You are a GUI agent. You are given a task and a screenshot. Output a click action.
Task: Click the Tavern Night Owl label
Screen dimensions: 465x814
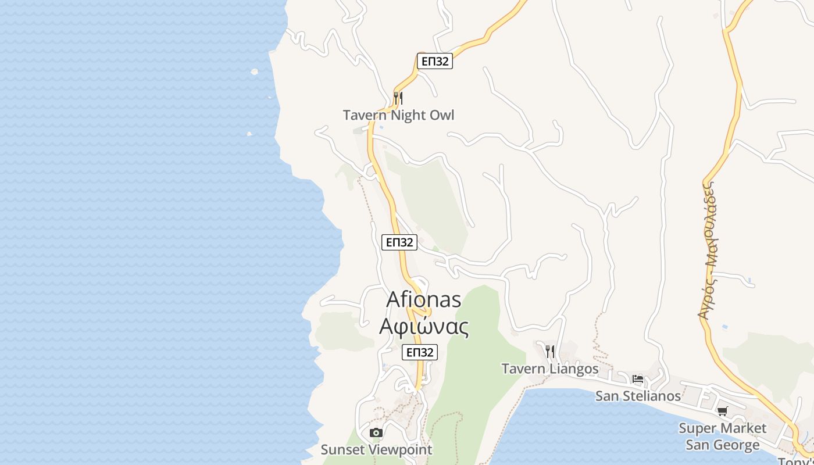[x=398, y=115]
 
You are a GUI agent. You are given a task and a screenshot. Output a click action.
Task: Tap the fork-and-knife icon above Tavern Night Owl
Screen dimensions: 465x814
[x=398, y=98]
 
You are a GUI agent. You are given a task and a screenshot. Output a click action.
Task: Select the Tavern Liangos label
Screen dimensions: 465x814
[x=549, y=369]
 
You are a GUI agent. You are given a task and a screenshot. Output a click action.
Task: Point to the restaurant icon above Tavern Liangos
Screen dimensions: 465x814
[x=550, y=351]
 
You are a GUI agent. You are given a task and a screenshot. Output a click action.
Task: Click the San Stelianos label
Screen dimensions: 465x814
[x=638, y=396]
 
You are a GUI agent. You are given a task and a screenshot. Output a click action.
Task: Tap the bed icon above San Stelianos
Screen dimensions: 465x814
[x=638, y=380]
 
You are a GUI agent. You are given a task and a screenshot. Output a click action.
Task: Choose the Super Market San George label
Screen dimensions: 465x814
[x=722, y=437]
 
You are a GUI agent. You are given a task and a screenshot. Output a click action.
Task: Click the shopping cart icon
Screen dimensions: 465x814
[x=722, y=412]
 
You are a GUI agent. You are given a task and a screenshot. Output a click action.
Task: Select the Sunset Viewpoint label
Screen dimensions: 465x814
[x=376, y=449]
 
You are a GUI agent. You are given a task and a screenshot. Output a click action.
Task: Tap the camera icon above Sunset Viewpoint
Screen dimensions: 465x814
[x=376, y=432]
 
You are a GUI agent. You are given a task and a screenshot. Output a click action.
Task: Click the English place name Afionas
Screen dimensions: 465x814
[x=424, y=300]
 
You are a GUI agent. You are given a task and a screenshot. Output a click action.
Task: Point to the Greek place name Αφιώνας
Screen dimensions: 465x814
[x=424, y=326]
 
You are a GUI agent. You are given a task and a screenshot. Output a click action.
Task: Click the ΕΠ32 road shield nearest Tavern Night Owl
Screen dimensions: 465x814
[x=434, y=61]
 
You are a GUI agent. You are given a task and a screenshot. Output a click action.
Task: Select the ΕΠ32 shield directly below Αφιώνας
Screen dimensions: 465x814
[x=419, y=352]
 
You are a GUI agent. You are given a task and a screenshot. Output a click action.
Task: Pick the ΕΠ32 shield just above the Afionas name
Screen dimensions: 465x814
[x=399, y=242]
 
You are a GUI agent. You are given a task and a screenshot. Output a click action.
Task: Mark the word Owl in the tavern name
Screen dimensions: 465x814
[x=441, y=115]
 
